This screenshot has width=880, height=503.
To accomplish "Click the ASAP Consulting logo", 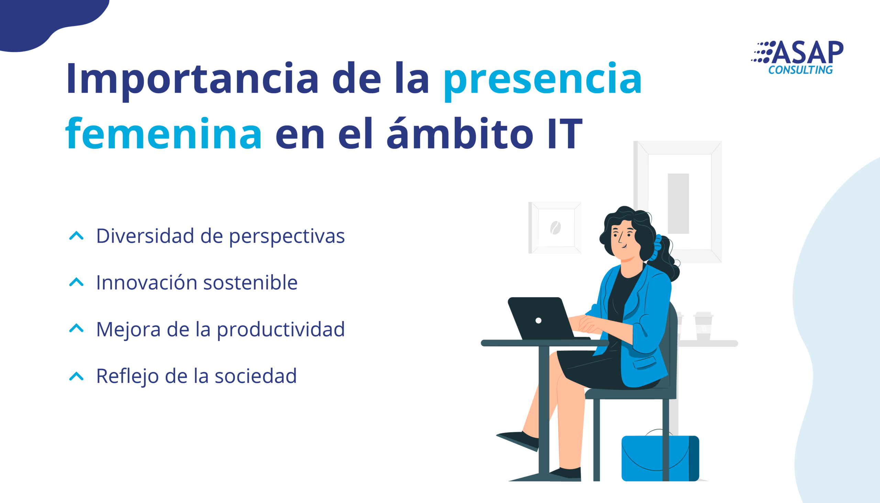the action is [797, 57].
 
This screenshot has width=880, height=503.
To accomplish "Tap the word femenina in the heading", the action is [163, 133].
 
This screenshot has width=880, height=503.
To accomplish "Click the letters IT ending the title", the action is [565, 134].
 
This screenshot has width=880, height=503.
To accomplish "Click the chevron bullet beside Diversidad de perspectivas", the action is [76, 236].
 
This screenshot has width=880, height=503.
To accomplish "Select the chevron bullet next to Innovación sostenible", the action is [76, 282].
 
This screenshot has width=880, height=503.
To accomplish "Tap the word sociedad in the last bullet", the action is [255, 376].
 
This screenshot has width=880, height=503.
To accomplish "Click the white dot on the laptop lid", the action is [538, 320].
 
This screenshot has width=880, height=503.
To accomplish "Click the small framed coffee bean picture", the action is [555, 228].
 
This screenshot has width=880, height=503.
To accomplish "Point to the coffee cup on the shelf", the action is [704, 326].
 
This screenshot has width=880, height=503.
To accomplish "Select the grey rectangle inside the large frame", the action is [678, 204].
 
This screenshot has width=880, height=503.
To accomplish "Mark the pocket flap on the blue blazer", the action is [645, 362].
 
